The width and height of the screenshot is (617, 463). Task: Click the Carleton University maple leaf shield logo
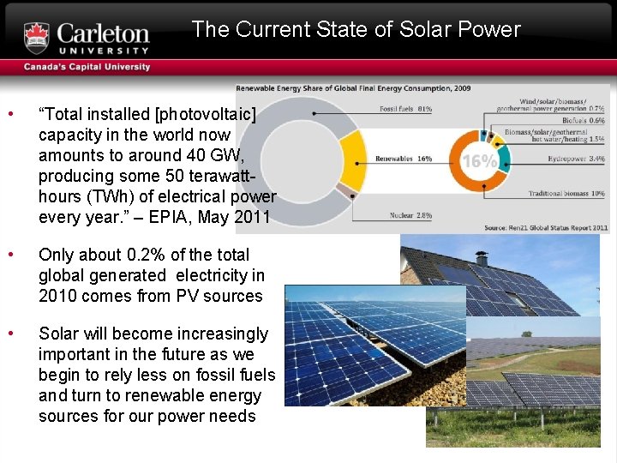pos(37,38)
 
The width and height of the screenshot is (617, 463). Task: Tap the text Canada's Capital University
pos(87,67)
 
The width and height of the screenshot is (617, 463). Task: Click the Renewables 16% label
pos(404,159)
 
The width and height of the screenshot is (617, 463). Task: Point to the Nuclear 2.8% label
pos(410,215)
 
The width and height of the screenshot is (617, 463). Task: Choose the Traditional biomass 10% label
pos(566,194)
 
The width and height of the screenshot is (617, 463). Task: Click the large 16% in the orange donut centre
pos(480,161)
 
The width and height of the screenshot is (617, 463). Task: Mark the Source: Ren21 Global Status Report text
pos(546,227)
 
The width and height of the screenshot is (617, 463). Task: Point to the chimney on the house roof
pos(482,259)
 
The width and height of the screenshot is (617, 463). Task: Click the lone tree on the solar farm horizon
pos(526,334)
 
